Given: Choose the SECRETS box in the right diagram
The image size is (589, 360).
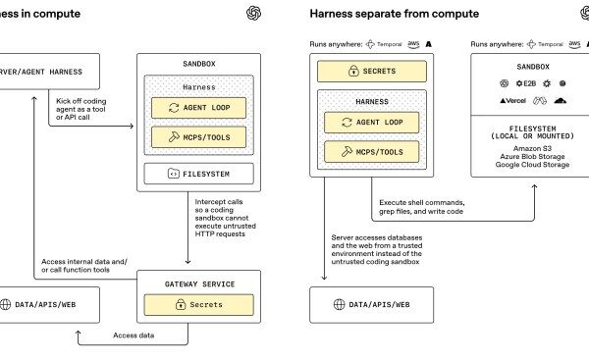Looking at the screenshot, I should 372,71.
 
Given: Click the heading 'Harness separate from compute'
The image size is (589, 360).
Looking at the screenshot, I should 394,14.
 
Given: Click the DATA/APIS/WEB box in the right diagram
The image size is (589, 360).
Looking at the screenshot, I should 372,305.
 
